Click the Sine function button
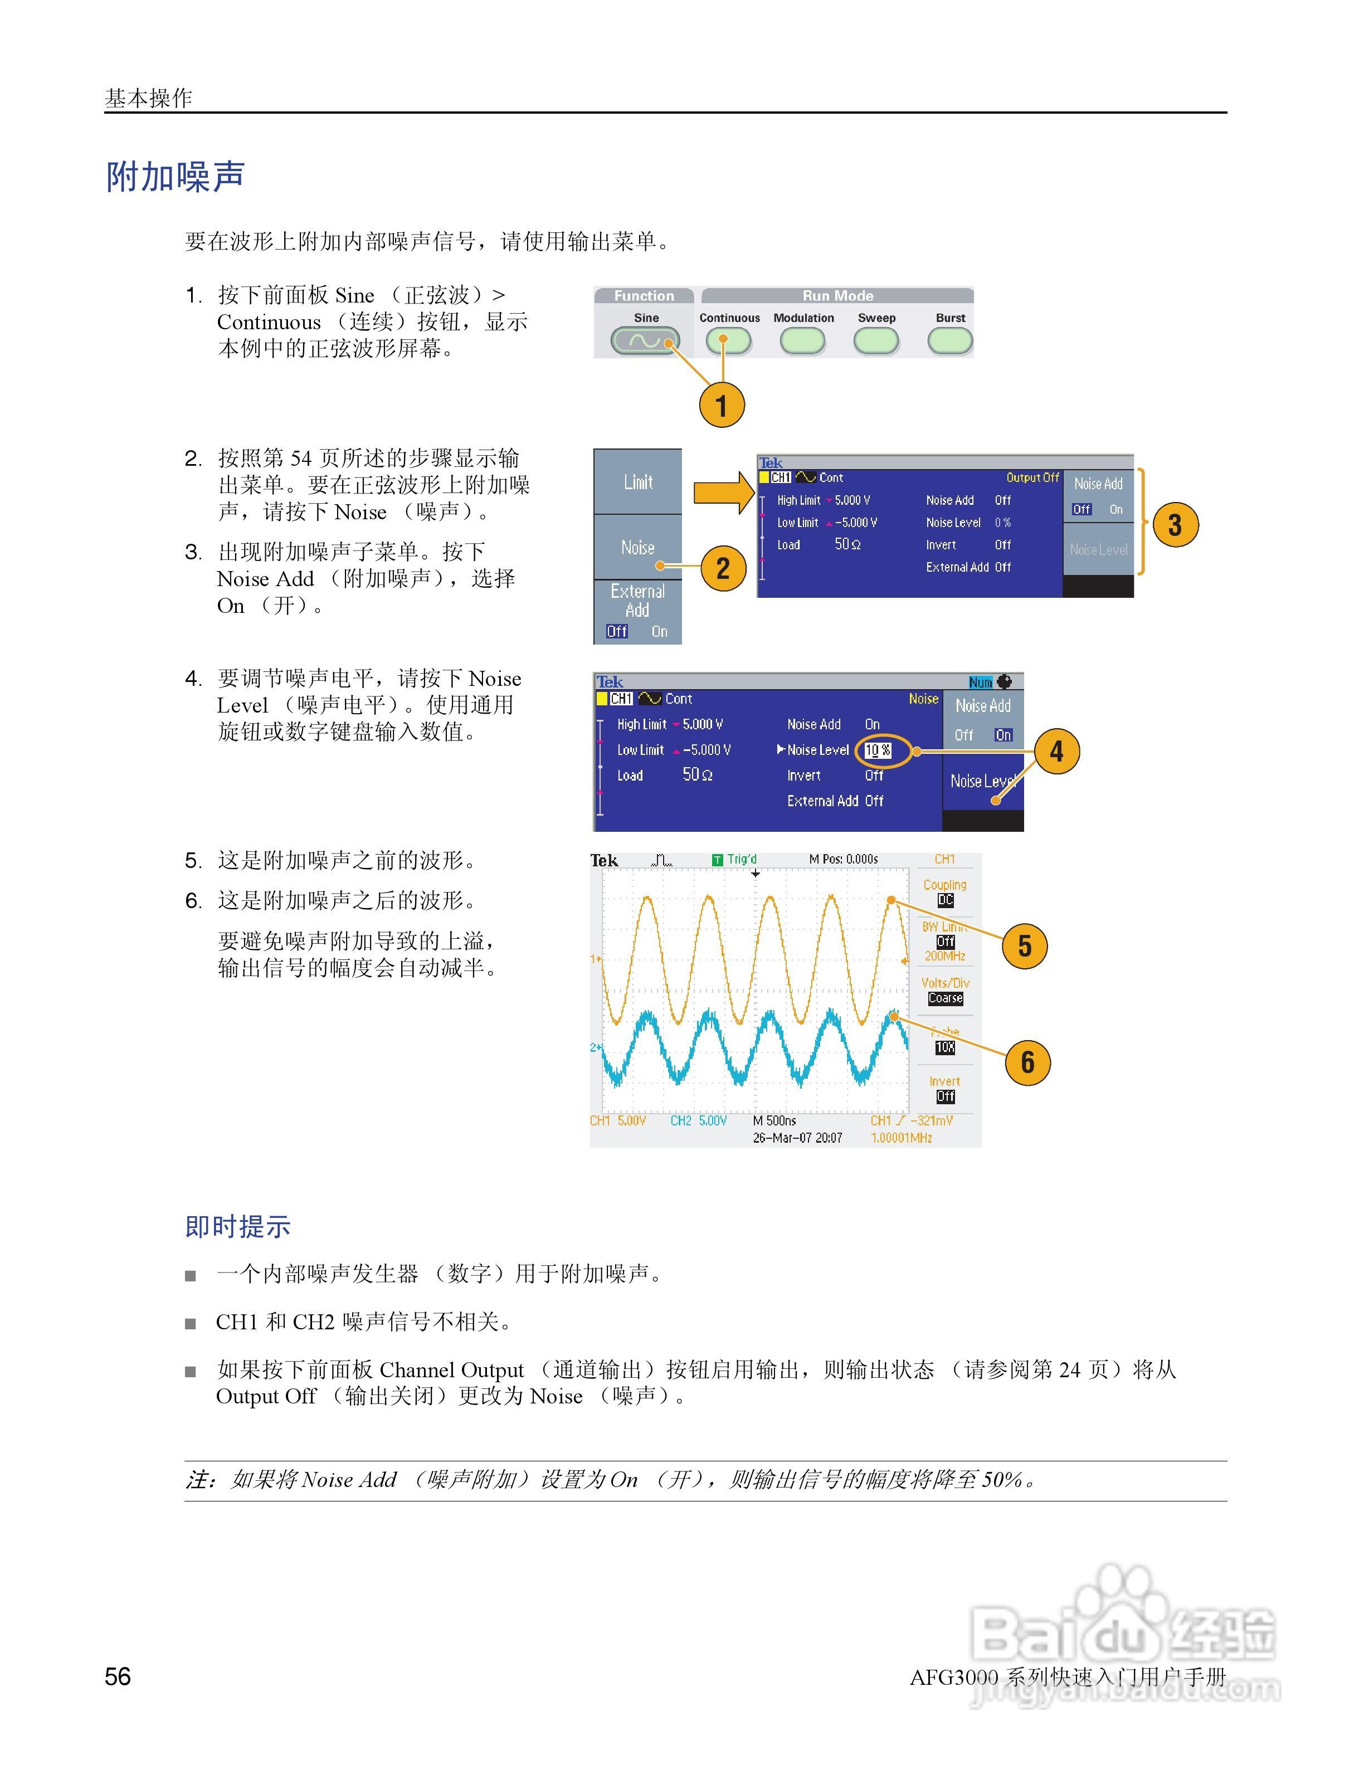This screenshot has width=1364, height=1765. (645, 340)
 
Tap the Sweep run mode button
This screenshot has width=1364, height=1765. (876, 340)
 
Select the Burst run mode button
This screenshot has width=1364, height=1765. (949, 340)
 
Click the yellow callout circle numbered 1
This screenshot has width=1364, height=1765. (722, 405)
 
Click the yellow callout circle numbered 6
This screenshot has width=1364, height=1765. (1027, 1062)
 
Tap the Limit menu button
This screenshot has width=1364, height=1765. (637, 482)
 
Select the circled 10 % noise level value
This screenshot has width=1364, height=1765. (878, 750)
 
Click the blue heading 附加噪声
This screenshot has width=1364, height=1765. (176, 176)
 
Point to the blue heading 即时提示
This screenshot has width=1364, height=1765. (237, 1226)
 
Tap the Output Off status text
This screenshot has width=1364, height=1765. (1032, 477)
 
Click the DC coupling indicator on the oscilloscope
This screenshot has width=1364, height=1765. (944, 900)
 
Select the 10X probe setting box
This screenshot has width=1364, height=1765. (944, 1047)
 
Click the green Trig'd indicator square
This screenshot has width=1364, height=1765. (717, 860)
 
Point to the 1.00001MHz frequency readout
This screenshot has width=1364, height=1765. (901, 1138)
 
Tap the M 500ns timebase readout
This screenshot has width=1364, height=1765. (774, 1121)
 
